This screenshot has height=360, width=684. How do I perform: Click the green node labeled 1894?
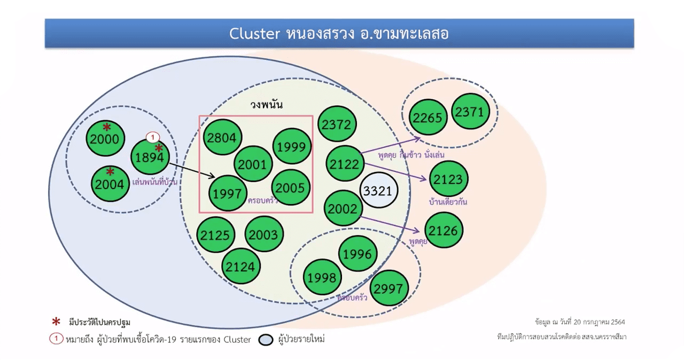click(150, 157)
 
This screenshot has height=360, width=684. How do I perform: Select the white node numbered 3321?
click(378, 191)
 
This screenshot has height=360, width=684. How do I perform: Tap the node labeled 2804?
click(222, 138)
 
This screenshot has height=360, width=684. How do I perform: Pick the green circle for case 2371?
click(470, 112)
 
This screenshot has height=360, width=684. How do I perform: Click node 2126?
click(444, 230)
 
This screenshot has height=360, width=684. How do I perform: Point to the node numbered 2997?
click(389, 288)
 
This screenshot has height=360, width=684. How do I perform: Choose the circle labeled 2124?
click(241, 267)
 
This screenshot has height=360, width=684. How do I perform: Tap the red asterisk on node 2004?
click(110, 171)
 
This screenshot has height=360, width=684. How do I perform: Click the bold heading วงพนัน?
click(267, 105)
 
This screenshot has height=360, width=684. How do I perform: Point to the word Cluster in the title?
click(254, 34)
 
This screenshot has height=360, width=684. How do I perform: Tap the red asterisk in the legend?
click(56, 322)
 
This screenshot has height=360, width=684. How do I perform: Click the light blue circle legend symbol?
click(266, 340)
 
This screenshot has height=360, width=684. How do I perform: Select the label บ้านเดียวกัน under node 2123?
click(448, 202)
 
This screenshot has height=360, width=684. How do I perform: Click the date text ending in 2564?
click(579, 322)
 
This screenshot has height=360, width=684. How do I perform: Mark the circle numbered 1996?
click(357, 254)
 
